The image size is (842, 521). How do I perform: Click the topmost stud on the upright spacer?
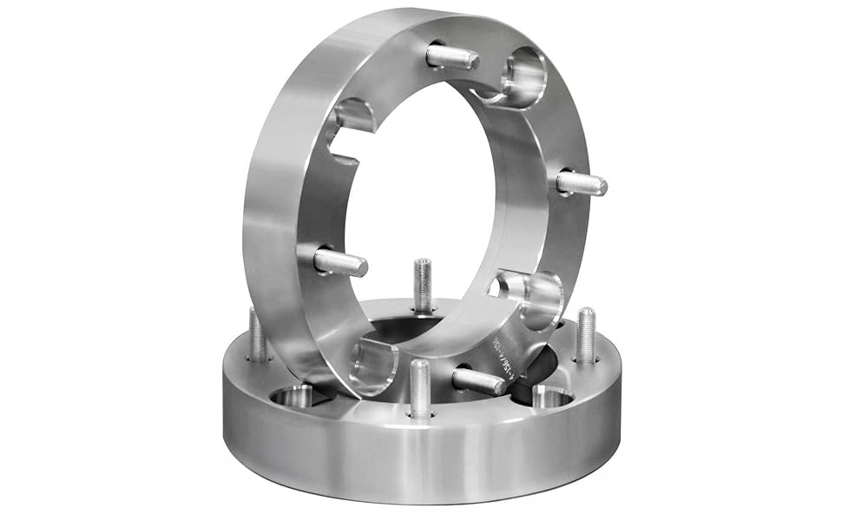coord(454,57)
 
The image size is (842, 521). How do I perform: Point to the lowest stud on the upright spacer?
coord(478,380)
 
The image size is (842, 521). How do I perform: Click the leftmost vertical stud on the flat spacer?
coord(257,334)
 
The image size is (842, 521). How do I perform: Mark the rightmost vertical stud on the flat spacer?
coord(587,335)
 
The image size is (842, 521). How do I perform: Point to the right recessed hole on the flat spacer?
coord(551,397)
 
